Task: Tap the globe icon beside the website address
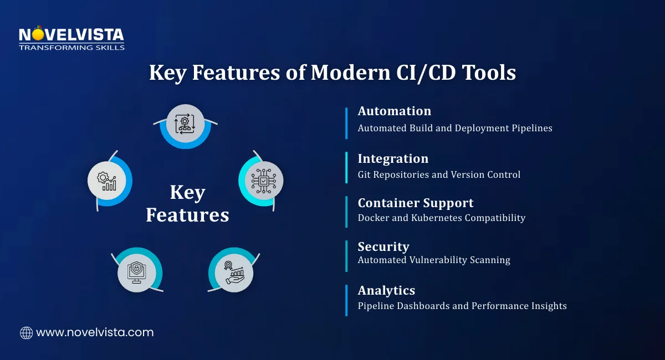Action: click(26, 333)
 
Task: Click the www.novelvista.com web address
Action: click(95, 333)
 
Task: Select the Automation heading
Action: click(394, 111)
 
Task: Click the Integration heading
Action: click(393, 159)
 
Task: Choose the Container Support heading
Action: click(416, 203)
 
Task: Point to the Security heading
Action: click(383, 246)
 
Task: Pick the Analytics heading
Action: click(386, 290)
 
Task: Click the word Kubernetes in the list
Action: click(439, 218)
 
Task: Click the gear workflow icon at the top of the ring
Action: click(185, 123)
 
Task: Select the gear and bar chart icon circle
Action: click(106, 179)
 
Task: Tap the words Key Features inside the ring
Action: click(187, 204)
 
